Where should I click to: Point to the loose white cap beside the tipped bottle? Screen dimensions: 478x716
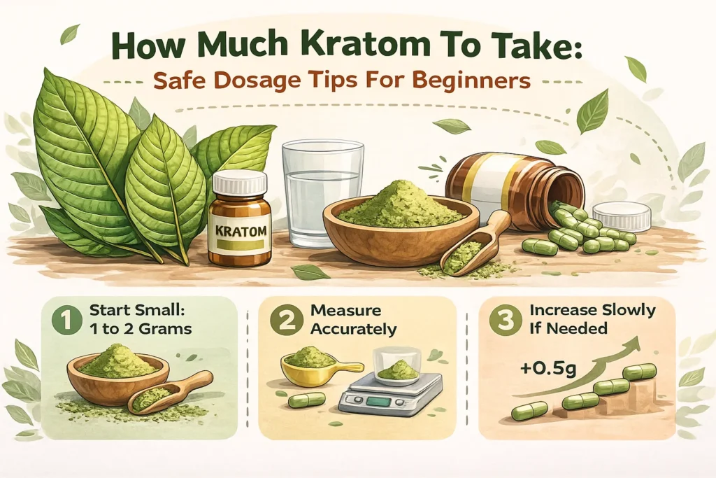(622, 216)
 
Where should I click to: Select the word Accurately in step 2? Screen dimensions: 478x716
(354, 328)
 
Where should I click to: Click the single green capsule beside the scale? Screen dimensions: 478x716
(306, 400)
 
